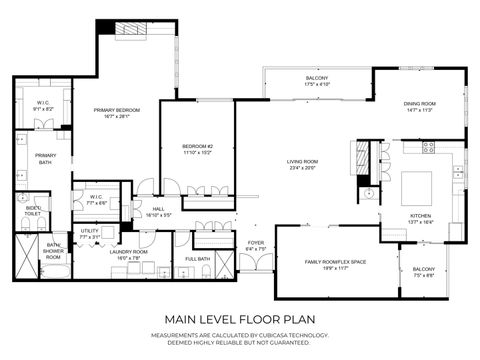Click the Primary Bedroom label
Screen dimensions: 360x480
118,110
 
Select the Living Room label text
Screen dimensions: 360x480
302,161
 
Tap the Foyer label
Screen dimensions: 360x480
257,242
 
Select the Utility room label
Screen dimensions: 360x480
90,231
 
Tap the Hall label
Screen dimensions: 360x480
158,210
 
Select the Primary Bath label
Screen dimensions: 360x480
46,157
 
